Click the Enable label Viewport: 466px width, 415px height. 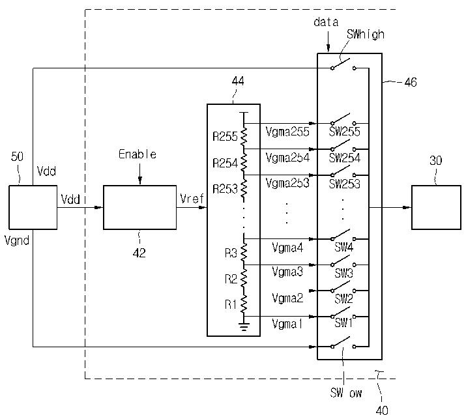coord(138,154)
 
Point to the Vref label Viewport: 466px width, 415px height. coord(192,198)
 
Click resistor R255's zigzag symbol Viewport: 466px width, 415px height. coord(244,136)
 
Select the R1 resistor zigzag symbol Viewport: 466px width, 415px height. coord(244,304)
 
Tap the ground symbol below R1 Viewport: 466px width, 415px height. coord(244,326)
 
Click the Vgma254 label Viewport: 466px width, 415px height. coord(287,158)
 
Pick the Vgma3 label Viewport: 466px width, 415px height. coord(287,272)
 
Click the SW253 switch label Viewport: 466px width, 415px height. coord(344,184)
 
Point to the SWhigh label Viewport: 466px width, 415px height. coord(365,35)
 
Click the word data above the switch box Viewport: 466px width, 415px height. coord(326,22)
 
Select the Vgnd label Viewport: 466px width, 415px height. coord(17,240)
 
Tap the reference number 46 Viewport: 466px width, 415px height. coord(411,82)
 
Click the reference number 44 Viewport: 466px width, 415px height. coord(238,81)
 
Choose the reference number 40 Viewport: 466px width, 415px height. coord(382,410)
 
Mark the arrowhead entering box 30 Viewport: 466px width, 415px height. coord(407,207)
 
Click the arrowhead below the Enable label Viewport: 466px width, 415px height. coord(139,181)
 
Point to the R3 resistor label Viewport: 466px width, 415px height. coord(231,253)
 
